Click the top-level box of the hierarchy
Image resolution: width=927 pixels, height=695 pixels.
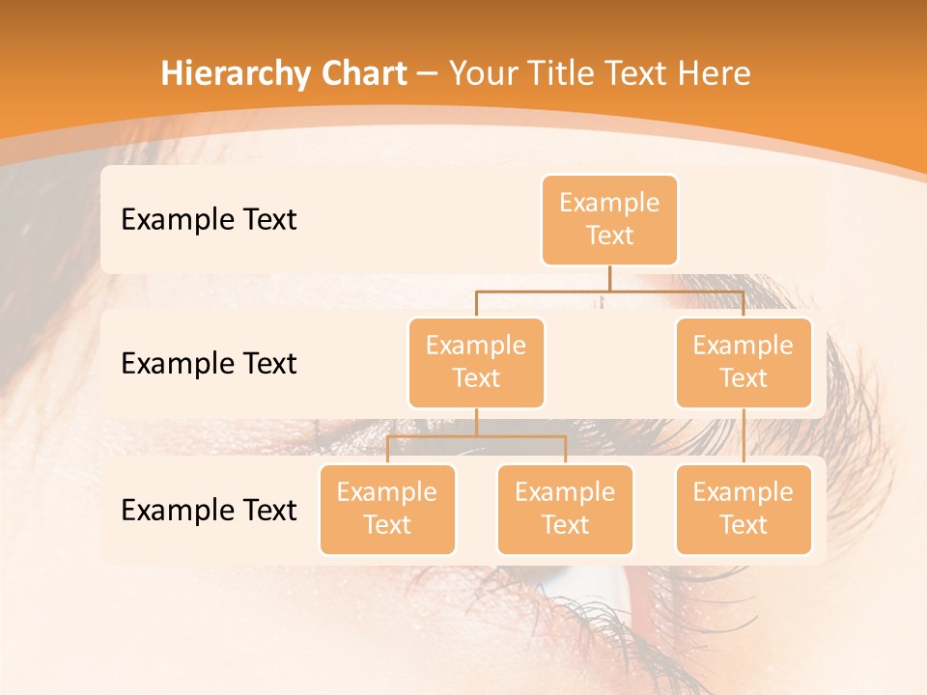pos(609,220)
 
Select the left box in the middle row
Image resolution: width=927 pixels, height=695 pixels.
pos(476,362)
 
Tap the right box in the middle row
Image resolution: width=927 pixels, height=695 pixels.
pos(744,362)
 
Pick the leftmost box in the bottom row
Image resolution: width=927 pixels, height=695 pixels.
pos(387,509)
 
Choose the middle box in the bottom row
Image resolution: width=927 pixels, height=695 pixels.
pos(565,509)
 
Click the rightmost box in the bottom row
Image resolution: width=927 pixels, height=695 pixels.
pos(744,509)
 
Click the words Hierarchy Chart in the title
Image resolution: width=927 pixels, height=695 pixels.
pos(284,73)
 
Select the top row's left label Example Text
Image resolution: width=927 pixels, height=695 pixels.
pos(209,220)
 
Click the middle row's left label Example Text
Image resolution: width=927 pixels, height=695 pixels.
pos(209,364)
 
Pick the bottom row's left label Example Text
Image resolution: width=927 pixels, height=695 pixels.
pos(209,510)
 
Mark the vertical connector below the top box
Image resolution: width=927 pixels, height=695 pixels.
pos(609,278)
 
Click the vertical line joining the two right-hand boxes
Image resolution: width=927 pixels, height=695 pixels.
pos(744,436)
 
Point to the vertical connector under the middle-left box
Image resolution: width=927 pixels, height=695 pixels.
pos(476,422)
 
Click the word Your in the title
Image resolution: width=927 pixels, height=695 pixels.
pos(479,73)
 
